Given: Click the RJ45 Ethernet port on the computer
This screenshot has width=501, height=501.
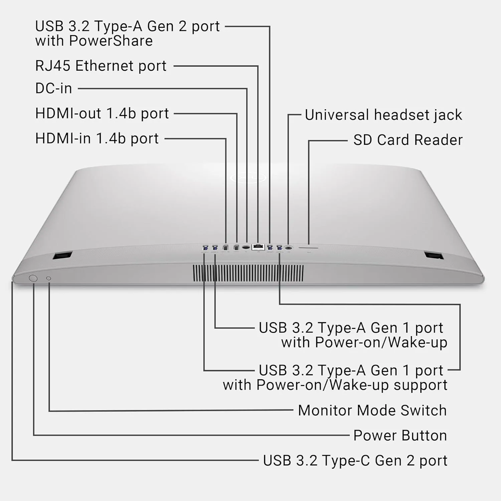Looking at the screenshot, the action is coord(258,247).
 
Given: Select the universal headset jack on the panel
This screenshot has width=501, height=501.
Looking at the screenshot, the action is coord(289,248).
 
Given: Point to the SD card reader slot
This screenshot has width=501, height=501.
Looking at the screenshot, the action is coord(308,248).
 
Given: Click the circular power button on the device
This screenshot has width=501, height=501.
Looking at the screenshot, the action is coord(33,278).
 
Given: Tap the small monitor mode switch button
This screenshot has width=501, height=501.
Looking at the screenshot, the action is coord(48,278).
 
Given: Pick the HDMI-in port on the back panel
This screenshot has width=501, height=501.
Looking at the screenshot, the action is coord(225,248).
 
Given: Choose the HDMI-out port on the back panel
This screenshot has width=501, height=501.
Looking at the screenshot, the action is coord(236,248).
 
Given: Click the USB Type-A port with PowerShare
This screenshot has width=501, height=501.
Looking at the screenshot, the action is coord(270,248).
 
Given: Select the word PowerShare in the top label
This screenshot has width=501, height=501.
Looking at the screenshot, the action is coord(111,41).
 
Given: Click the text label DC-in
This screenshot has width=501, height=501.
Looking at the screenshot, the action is coord(53,89).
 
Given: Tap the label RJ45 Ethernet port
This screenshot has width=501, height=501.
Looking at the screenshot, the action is coord(101,66).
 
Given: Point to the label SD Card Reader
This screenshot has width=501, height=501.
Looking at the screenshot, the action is coord(408,140).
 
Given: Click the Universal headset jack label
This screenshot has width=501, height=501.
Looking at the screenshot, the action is coord(383,115).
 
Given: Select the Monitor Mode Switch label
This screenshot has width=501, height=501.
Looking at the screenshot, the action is coord(372,410).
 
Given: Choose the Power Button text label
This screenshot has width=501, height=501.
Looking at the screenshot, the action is coord(400,436).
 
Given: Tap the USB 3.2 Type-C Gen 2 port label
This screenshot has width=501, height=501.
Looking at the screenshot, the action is coord(355,461).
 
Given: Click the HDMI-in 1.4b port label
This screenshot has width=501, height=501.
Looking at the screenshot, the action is coord(97,139).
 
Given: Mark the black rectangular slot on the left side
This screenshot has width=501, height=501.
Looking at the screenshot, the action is coord(62,256).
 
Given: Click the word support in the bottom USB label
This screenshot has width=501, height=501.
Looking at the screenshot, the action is coord(421,385).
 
